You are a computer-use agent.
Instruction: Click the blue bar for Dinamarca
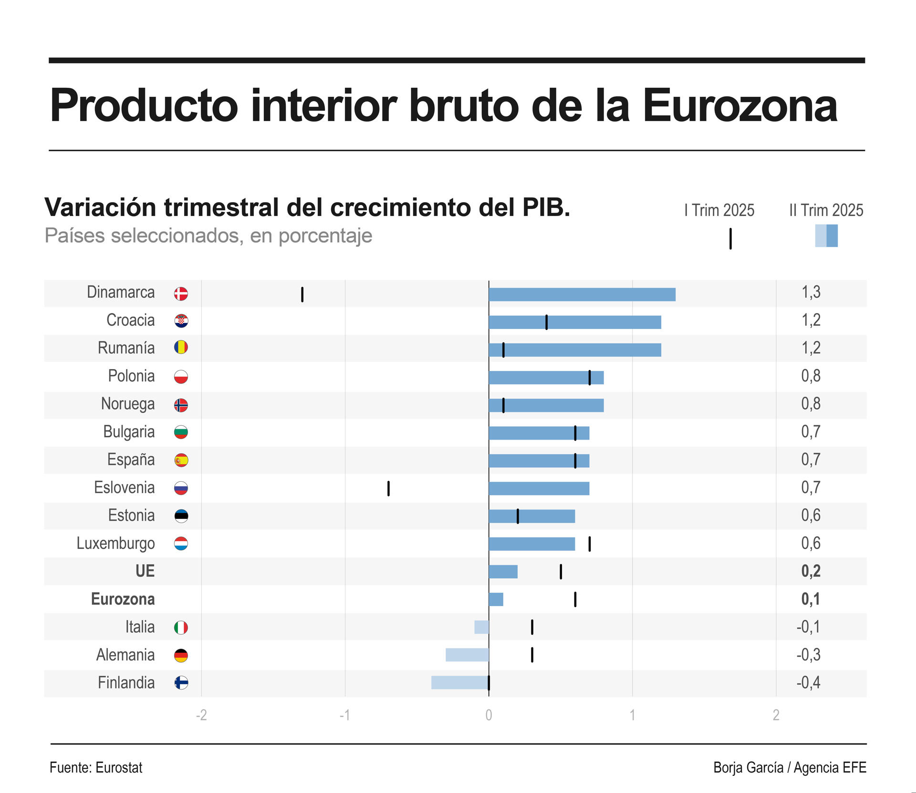coord(582,295)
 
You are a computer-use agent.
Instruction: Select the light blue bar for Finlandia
coord(460,682)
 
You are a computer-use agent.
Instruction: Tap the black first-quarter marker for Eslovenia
coord(388,488)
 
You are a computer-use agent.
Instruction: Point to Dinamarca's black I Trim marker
coord(302,295)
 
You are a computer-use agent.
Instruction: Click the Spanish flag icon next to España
coord(181,460)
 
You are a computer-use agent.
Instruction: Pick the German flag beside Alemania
coord(181,655)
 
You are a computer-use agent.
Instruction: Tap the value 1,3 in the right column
coord(811,292)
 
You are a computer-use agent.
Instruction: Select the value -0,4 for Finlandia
coord(808,682)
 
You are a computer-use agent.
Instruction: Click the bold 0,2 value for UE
coord(811,571)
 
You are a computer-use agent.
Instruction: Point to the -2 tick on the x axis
coord(201,715)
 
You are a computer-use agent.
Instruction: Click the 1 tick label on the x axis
coord(632,715)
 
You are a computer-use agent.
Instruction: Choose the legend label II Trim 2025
coord(826,210)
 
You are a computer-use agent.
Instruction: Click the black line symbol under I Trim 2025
coord(730,238)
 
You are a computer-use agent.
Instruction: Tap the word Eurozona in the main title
coord(740,106)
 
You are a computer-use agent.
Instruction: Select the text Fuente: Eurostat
coord(96,768)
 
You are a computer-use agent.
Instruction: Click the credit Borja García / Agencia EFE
coord(790,768)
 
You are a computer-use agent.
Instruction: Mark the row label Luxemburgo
coord(115,543)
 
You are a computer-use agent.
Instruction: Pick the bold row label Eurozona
coord(123,599)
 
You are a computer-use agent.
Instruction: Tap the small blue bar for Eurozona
coord(496,599)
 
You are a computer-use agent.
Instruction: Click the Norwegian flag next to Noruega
coord(181,405)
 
